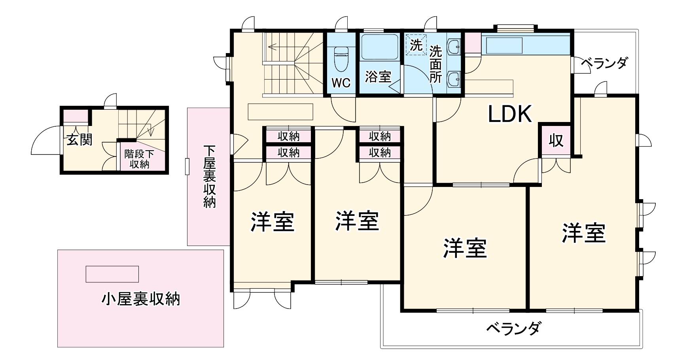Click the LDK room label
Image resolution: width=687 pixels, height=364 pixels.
coord(509,114)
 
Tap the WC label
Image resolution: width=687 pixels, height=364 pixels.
coord(341,83)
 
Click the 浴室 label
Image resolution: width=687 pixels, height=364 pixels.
coord(378,76)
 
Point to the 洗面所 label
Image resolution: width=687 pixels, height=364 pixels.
coord(435,64)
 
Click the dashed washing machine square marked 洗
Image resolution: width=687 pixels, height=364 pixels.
coord(416,45)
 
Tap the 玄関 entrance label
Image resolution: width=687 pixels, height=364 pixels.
coord(79,139)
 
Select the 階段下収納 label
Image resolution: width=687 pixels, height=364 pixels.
coord(139,159)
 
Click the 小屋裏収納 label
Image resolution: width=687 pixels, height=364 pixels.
coord(140,299)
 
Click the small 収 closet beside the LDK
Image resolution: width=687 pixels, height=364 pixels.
coord(556,140)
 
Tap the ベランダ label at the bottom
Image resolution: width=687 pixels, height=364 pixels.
coord(513,328)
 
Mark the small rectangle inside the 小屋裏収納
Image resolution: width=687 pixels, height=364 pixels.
coord(112,274)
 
